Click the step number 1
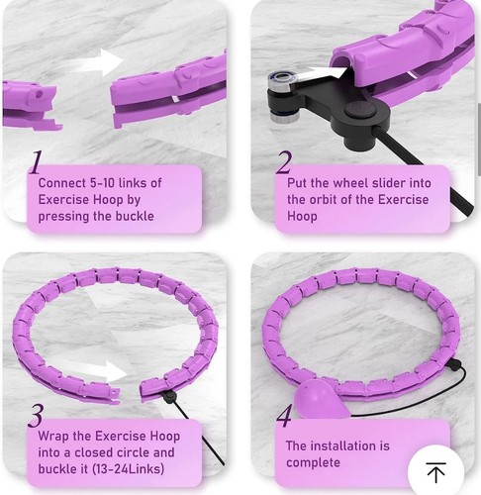(x=35, y=161)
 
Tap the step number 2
(x=284, y=161)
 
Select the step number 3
(x=36, y=413)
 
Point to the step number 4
(x=284, y=414)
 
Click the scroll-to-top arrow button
(x=435, y=471)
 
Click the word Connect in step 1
(x=63, y=183)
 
